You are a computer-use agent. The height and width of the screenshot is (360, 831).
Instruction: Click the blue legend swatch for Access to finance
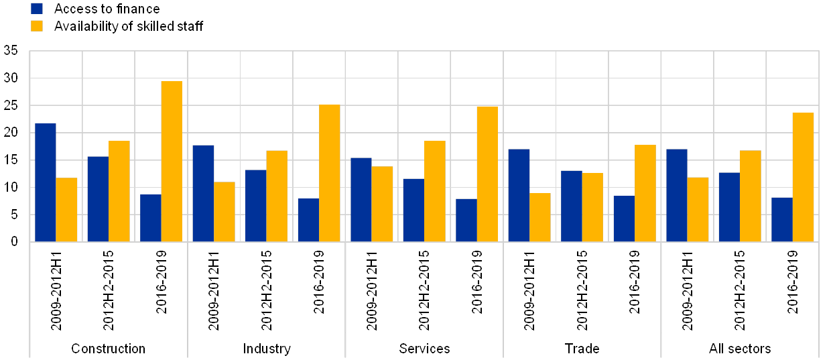coord(38,9)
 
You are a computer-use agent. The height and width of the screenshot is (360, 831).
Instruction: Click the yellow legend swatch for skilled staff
coord(38,26)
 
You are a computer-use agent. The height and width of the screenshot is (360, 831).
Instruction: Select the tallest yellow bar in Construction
coord(172,161)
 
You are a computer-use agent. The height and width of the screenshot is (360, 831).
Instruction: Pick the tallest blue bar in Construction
coord(46,182)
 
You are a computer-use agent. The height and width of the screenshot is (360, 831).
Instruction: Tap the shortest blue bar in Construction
coord(151,217)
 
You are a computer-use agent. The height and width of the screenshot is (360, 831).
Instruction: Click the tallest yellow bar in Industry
coord(330,172)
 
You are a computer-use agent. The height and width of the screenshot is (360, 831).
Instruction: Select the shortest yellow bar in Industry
coord(225,211)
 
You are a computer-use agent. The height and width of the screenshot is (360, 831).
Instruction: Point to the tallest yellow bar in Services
coord(487,174)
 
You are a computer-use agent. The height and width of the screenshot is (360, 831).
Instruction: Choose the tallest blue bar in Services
coord(361,199)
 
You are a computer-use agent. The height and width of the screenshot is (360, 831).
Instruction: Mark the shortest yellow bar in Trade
coord(540,217)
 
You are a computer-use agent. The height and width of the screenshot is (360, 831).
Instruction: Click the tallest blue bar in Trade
coord(519,194)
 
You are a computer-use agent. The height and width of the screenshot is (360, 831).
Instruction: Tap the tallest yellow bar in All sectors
coord(803,176)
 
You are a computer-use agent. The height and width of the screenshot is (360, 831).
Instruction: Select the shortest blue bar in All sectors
coord(782,219)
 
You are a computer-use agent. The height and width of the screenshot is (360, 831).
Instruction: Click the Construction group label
coord(108,349)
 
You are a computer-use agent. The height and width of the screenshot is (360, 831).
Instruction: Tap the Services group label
coord(424,349)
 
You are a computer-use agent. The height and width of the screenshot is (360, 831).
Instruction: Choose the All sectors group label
coord(740,349)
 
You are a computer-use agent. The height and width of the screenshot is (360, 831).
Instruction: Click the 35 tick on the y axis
coord(11,50)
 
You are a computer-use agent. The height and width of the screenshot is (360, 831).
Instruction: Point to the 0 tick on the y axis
coord(14,241)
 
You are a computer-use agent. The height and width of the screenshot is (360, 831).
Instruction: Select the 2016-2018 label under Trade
coord(633,282)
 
